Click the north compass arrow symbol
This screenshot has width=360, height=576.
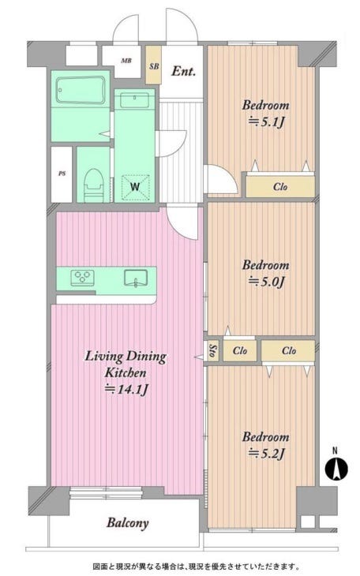(x=336, y=468)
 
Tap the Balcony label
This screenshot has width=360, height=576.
(x=128, y=523)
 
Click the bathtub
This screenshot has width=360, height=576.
(x=81, y=91)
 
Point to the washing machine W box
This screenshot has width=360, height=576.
(x=136, y=187)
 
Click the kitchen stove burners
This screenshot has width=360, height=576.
(x=82, y=277)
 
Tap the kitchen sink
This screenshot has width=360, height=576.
(x=136, y=278)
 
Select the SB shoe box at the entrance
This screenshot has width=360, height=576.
(x=154, y=65)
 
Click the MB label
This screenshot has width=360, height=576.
(x=126, y=61)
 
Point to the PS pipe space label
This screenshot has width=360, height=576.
(x=62, y=174)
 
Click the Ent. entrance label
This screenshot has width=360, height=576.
(x=183, y=71)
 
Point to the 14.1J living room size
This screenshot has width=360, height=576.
(x=126, y=389)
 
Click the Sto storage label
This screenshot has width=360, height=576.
(x=212, y=351)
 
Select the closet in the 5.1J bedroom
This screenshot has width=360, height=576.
(x=280, y=186)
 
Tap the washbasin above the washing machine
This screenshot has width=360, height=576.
(x=134, y=100)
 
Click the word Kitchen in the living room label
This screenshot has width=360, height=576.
(x=126, y=372)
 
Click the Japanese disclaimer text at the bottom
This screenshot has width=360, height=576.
(x=197, y=566)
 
